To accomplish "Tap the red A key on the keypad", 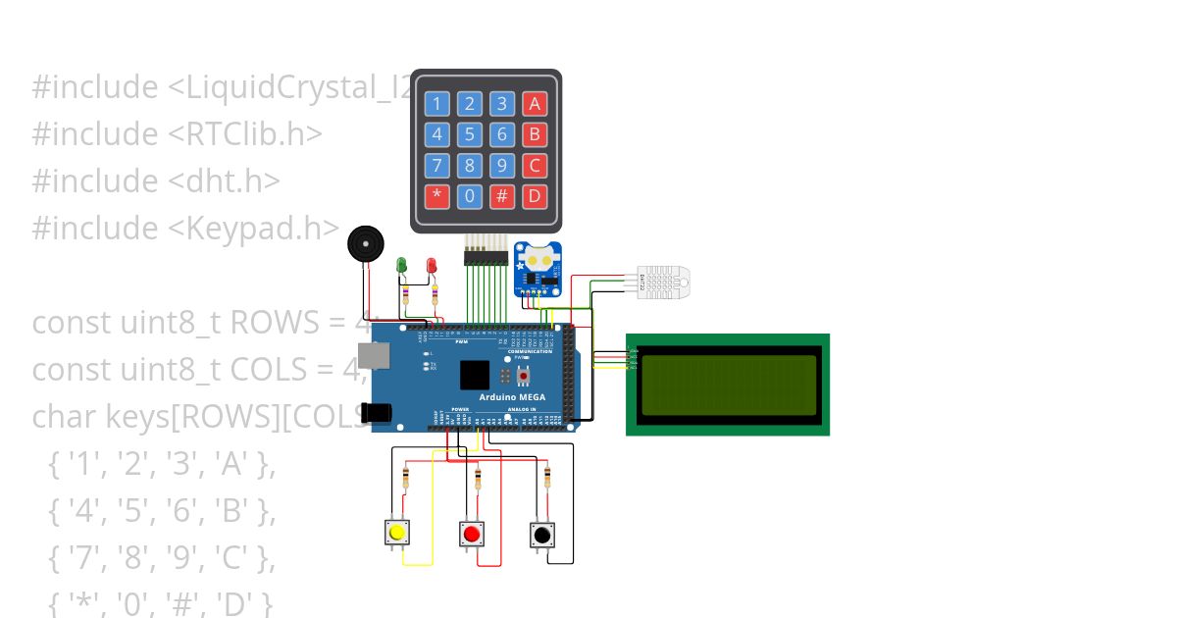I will pos(534,103).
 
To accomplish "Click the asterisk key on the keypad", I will pos(437,195).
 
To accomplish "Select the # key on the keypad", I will pos(502,195).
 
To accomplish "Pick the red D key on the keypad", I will pos(534,195).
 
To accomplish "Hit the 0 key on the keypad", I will pos(470,195).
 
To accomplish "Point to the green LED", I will pos(401,265).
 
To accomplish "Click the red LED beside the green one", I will pos(432,265).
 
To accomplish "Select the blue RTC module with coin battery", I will pos(538,268).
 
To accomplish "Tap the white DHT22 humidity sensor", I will pos(664,283).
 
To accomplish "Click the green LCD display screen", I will pos(728,385).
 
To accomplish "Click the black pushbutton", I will pos(541,535).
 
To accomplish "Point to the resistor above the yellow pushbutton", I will pos(406,479).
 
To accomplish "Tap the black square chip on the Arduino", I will pos(474,375).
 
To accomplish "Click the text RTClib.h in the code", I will pos(253,133).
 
